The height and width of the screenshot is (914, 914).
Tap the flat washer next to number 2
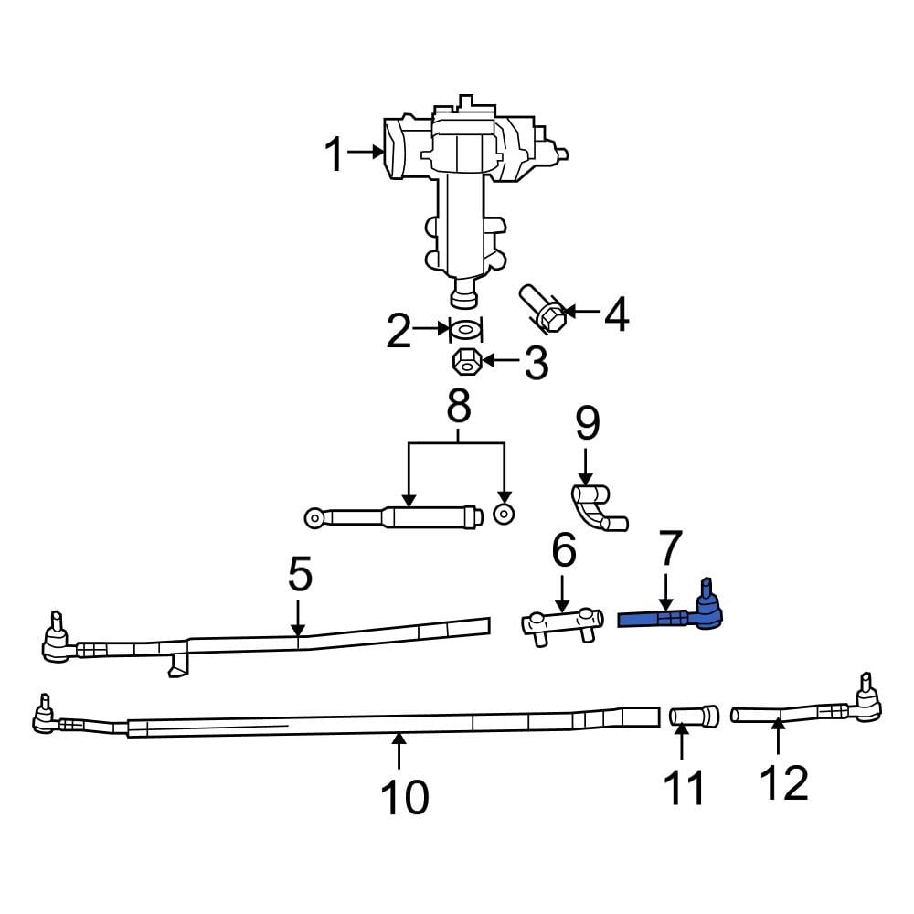466,329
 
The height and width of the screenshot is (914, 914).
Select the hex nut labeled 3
467,361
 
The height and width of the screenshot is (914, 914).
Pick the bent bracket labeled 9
596,508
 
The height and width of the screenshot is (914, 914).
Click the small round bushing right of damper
502,515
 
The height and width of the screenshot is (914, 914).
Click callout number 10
403,797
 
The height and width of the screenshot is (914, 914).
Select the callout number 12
783,782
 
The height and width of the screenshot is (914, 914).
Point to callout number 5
300,575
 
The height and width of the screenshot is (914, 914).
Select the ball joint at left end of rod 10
43,718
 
